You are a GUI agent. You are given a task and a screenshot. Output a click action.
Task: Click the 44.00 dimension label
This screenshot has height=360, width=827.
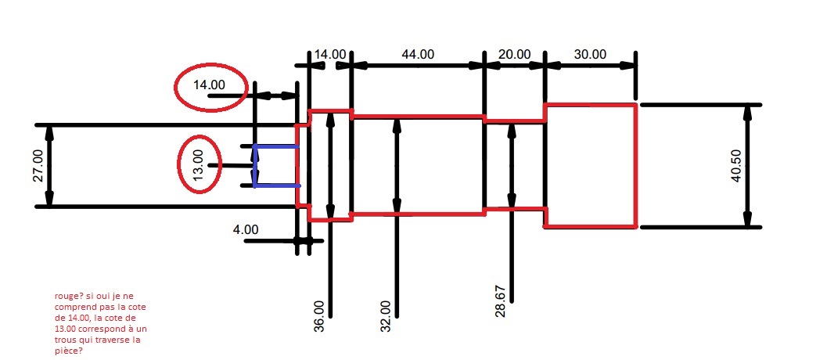pyautogui.click(x=419, y=54)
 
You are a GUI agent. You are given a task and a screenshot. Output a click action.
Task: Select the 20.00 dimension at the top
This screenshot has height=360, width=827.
pyautogui.click(x=514, y=54)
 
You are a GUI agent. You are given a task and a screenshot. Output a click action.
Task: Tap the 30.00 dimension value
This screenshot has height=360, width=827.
pyautogui.click(x=590, y=54)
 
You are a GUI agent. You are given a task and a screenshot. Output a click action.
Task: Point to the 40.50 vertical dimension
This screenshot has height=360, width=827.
pyautogui.click(x=736, y=166)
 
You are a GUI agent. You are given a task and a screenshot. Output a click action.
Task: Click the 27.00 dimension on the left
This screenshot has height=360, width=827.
pyautogui.click(x=38, y=165)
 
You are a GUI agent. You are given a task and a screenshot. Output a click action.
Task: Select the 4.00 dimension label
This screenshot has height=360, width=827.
pyautogui.click(x=246, y=229)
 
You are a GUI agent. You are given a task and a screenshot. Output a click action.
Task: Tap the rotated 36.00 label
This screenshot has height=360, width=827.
pyautogui.click(x=320, y=316)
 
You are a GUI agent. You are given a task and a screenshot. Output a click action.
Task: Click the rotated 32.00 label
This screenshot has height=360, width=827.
pyautogui.click(x=386, y=316)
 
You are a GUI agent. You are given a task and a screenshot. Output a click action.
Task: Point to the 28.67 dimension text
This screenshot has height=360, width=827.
pyautogui.click(x=501, y=301)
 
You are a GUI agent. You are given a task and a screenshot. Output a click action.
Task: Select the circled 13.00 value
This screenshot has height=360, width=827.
pyautogui.click(x=198, y=165)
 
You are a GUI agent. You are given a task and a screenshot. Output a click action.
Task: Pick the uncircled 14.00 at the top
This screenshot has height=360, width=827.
pyautogui.click(x=330, y=54)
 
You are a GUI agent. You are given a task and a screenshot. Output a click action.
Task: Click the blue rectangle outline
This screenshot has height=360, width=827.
pyautogui.click(x=255, y=166)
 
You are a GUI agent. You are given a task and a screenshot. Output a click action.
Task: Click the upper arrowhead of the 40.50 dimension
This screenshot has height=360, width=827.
pyautogui.click(x=748, y=112)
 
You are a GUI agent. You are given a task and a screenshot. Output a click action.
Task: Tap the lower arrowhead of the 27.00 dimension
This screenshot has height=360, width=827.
pyautogui.click(x=49, y=199)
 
